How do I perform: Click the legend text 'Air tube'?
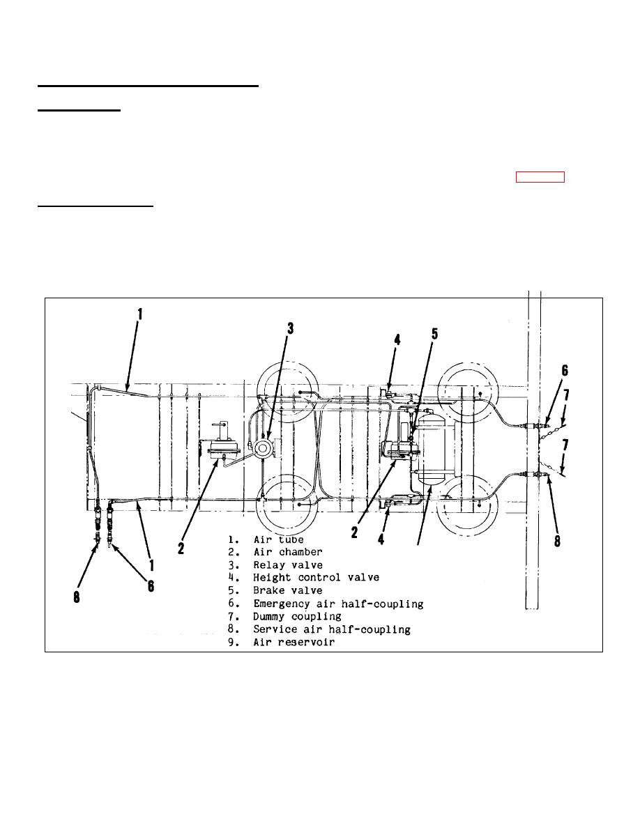pos(279,539)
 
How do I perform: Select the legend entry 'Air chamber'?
pos(288,552)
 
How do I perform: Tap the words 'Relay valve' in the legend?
pos(288,565)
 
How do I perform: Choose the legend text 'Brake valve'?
pos(288,590)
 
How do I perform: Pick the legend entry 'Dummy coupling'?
pos(297,617)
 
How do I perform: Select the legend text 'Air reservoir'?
pos(294,642)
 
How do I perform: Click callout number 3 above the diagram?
pos(291,328)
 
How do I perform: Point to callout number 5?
pos(434,334)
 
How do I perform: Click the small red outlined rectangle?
pos(540,177)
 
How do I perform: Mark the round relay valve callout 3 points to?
pos(262,448)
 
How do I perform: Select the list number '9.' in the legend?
pos(234,642)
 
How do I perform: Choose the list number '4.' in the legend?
pos(234,578)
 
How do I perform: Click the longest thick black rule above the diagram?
pos(148,86)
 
